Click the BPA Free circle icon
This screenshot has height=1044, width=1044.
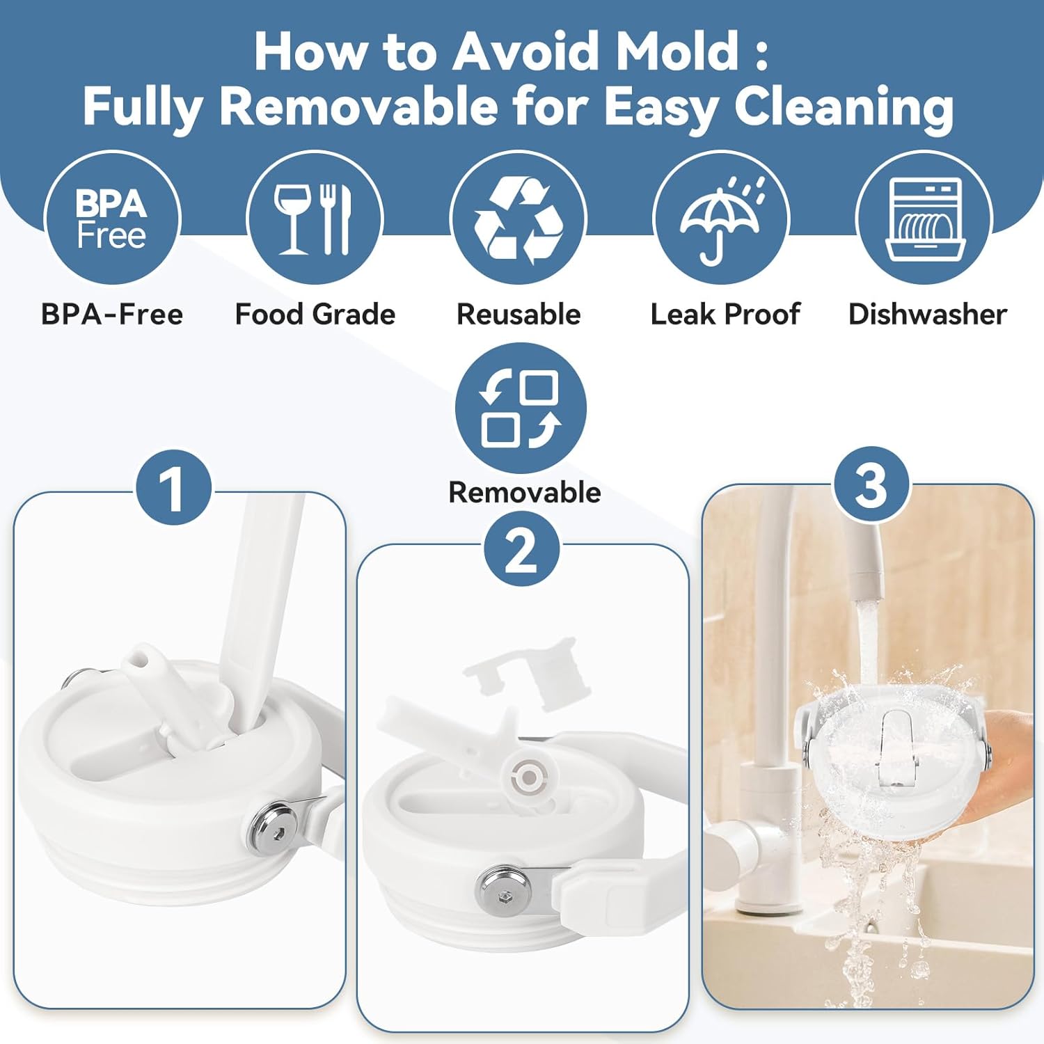(112, 218)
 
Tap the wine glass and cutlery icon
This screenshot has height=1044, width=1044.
(315, 218)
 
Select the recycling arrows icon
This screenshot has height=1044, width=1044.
(519, 218)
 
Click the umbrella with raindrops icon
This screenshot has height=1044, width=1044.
(721, 218)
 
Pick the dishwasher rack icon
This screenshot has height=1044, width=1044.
(924, 218)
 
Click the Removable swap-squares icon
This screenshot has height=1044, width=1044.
(521, 408)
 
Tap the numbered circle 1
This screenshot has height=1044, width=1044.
(172, 487)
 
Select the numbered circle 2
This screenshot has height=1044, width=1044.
(521, 550)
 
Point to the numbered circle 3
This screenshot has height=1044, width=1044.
(871, 485)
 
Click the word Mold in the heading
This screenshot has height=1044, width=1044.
(678, 52)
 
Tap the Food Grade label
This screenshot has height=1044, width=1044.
(315, 315)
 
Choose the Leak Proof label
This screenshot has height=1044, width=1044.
(725, 315)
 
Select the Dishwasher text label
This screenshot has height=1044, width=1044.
(928, 315)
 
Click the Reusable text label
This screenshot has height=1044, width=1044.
(519, 315)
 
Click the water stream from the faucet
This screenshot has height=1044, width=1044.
(867, 640)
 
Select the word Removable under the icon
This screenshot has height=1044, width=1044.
(525, 493)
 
